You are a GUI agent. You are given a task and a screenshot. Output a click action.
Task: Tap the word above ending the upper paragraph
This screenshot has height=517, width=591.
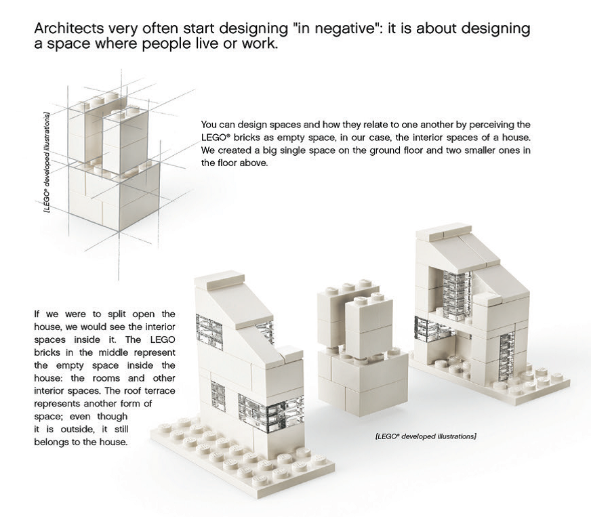[x=249, y=163]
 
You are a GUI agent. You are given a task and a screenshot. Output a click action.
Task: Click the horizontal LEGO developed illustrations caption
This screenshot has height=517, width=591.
[x=425, y=436]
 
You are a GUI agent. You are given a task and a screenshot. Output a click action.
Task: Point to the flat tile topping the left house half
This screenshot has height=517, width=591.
[x=218, y=278]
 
